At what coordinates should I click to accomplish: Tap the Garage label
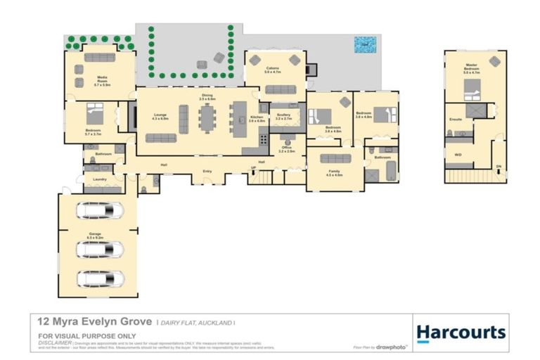coord(94,233)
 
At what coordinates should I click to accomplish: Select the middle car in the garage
coord(100,250)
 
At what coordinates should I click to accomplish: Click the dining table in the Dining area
coord(207,117)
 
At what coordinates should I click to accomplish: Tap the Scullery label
coord(283,117)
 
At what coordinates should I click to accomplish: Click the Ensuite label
coord(456,120)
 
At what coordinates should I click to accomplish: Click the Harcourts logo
coord(461,333)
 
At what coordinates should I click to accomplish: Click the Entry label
coord(207,170)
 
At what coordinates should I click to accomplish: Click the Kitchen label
coord(257,119)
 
